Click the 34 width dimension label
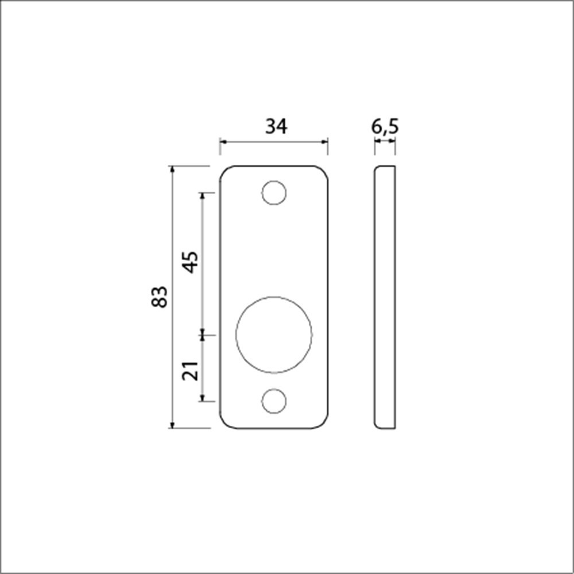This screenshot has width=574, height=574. (276, 126)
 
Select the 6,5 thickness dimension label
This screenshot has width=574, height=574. (385, 126)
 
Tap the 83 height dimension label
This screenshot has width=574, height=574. (160, 296)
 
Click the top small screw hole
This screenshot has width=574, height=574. (274, 192)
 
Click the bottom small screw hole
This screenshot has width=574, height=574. (274, 401)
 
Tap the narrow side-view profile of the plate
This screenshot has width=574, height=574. (385, 297)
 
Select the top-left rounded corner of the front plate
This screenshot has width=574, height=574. (224, 170)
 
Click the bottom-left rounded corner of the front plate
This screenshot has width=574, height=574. (224, 424)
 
